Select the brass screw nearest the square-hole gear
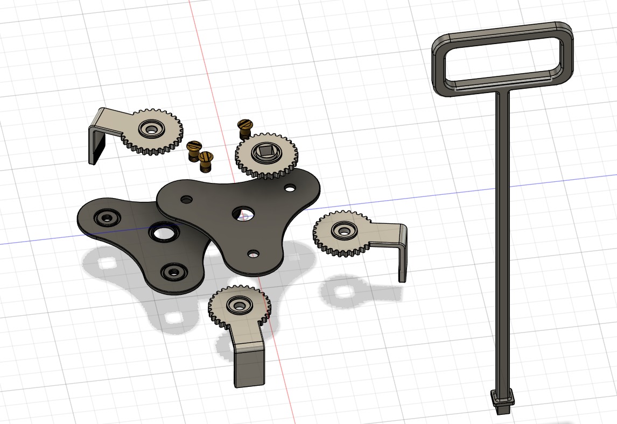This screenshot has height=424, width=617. [245, 128]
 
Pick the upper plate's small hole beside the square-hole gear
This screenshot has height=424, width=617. [290, 188]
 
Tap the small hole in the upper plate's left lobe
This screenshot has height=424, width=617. [186, 199]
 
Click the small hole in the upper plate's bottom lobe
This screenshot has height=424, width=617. [252, 253]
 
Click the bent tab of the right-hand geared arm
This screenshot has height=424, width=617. [402, 256]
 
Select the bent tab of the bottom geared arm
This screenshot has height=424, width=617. [249, 366]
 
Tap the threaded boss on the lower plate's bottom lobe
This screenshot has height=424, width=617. [174, 272]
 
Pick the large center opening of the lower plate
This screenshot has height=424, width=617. [163, 233]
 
